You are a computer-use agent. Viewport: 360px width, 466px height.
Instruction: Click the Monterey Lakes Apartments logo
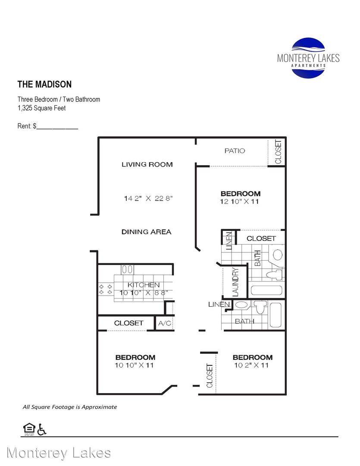coord(308,58)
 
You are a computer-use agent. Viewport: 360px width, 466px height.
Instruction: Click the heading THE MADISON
coord(44,85)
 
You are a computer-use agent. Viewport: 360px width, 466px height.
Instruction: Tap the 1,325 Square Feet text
coord(41,108)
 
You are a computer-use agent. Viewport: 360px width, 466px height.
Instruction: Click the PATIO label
coord(235,151)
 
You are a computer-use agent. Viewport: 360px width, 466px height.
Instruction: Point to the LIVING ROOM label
coord(147,164)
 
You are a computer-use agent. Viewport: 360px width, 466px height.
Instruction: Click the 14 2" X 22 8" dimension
coord(148,198)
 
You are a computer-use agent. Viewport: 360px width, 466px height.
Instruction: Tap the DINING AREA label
coord(147,232)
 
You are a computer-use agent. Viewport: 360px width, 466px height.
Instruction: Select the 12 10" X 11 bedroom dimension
coord(239,202)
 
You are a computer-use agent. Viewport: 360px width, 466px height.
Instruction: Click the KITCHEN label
coord(144,285)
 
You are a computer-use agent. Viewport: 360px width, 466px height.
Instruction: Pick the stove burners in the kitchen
coord(106,289)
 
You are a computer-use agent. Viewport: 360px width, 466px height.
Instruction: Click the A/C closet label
coord(165,323)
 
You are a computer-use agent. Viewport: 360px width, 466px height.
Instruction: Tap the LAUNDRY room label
coord(235,282)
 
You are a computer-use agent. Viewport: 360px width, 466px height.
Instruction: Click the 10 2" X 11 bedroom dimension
coord(251,365)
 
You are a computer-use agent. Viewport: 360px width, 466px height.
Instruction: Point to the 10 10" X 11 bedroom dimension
coord(134,365)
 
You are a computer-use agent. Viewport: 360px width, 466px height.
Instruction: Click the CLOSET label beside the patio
coord(278,152)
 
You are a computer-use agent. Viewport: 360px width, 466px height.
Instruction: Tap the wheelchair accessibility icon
coord(42,429)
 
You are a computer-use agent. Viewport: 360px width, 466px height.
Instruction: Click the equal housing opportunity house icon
coord(29,428)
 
